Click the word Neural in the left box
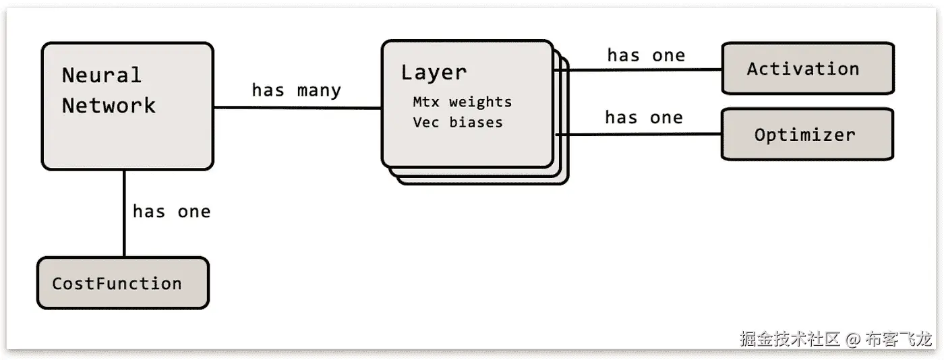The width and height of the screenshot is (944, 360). pos(102,75)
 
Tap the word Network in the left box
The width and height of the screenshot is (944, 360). pos(109,106)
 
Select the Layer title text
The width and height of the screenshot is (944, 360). pos(434,72)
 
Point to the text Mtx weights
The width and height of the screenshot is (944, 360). pos(462,102)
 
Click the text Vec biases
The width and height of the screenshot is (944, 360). pos(457,123)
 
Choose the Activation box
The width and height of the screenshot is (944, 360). pos(807,68)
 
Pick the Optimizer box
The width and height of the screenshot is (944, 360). pos(807,134)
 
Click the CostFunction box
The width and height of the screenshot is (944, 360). pos(122,283)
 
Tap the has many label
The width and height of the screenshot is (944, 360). pos(296,90)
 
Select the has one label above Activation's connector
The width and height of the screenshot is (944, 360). pos(645,55)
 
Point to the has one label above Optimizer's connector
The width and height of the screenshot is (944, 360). pos(643,118)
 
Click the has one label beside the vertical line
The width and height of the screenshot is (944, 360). pos(171,212)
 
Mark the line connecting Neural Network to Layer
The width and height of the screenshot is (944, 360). pos(297,107)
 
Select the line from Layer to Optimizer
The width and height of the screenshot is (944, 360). pos(641,134)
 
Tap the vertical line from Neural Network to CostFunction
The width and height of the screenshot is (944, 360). pos(124,213)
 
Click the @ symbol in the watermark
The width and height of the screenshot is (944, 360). pos(853,338)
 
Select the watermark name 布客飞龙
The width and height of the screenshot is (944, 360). pos(900,338)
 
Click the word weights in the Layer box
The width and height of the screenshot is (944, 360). pos(480,102)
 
